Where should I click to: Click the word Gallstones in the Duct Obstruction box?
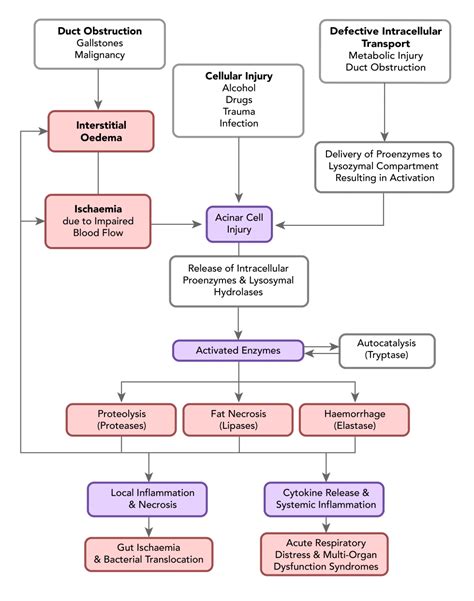pyautogui.click(x=100, y=43)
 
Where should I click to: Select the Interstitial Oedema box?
pyautogui.click(x=101, y=131)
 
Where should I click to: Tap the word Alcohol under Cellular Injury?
pyautogui.click(x=239, y=88)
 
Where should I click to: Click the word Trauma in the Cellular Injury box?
pyautogui.click(x=239, y=112)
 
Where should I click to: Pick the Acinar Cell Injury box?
pyautogui.click(x=239, y=224)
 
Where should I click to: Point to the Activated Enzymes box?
pyautogui.click(x=238, y=350)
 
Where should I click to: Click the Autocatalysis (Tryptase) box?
pyautogui.click(x=387, y=351)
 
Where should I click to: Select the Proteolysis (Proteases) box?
pyautogui.click(x=121, y=420)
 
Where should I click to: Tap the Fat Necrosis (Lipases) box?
pyautogui.click(x=238, y=420)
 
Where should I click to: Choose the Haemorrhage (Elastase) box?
pyautogui.click(x=354, y=420)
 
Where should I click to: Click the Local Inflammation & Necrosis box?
pyautogui.click(x=148, y=499)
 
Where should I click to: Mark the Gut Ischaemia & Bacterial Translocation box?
pyautogui.click(x=149, y=554)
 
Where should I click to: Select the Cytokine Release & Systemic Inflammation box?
pyautogui.click(x=324, y=499)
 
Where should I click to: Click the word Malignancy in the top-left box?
pyautogui.click(x=100, y=55)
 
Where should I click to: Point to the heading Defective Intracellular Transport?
pyautogui.click(x=385, y=37)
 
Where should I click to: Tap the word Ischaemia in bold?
pyautogui.click(x=98, y=209)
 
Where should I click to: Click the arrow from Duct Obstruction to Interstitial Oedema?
pyautogui.click(x=98, y=90)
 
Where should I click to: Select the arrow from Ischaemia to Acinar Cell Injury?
pyautogui.click(x=176, y=224)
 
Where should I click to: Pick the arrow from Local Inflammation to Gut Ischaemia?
pyautogui.click(x=149, y=527)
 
